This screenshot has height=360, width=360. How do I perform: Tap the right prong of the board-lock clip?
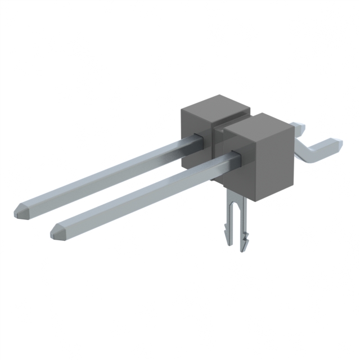coord(243,222)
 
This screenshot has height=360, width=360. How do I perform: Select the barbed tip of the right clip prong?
coord(244,244)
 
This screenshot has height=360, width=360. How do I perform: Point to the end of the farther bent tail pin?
coord(301,126)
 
